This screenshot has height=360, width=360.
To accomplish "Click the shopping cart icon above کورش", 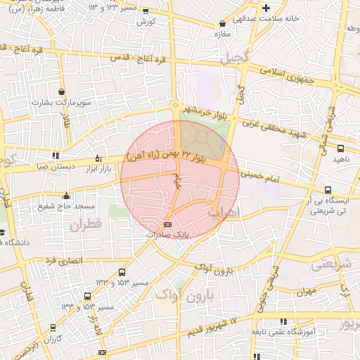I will tap(146, 11).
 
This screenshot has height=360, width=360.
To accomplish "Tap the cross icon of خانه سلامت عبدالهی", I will tap(266, 8).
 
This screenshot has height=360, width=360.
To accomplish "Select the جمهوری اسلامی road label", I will tap(286, 77).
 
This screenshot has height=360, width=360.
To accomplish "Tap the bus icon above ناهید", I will tap(341, 148).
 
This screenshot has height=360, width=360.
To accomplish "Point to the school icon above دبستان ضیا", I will tap(54, 156).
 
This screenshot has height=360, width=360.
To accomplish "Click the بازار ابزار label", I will tap(98, 169).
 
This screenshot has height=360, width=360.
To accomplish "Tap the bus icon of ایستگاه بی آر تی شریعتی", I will tap(328, 190).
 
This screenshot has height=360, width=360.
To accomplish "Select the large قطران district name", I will tap(86, 225).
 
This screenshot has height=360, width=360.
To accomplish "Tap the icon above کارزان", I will tap(52, 329).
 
